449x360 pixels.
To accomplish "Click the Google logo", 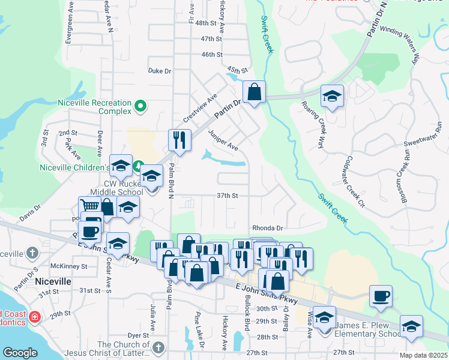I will click(20, 353).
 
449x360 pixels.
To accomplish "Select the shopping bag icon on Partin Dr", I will click(255, 92).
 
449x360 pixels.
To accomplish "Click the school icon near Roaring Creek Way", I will click(331, 96).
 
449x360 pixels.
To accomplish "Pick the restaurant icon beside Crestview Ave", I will click(179, 140).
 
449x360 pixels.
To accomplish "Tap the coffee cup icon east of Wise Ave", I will click(381, 296).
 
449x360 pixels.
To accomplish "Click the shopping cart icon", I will click(90, 206).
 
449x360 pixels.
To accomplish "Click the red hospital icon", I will click(35, 316).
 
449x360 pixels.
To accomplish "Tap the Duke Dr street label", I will click(160, 71).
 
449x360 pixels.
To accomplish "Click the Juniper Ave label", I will click(223, 140).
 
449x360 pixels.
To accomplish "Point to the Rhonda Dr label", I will click(267, 228).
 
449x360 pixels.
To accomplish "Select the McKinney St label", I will click(70, 266).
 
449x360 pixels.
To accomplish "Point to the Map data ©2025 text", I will click(423, 355).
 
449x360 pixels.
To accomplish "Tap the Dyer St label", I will click(137, 335).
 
